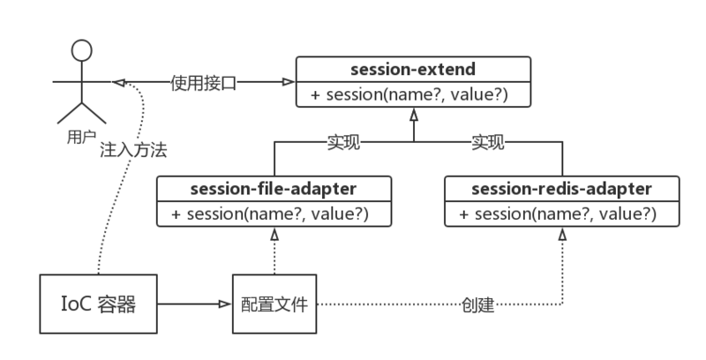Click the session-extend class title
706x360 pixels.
412,68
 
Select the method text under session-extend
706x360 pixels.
412,94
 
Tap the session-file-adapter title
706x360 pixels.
274,188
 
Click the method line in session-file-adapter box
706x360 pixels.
274,214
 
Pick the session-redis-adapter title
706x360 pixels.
561,188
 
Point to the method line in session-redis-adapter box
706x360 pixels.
561,214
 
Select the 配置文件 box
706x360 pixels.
274,304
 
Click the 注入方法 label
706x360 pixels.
133,150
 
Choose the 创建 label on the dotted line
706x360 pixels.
477,305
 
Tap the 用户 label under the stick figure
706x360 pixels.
81,138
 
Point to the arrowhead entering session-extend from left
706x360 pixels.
287,82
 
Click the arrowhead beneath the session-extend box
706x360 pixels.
412,114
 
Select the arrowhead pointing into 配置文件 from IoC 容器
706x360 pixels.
225,304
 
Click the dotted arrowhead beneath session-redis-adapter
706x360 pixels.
561,234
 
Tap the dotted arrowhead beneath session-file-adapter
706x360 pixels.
274,234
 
